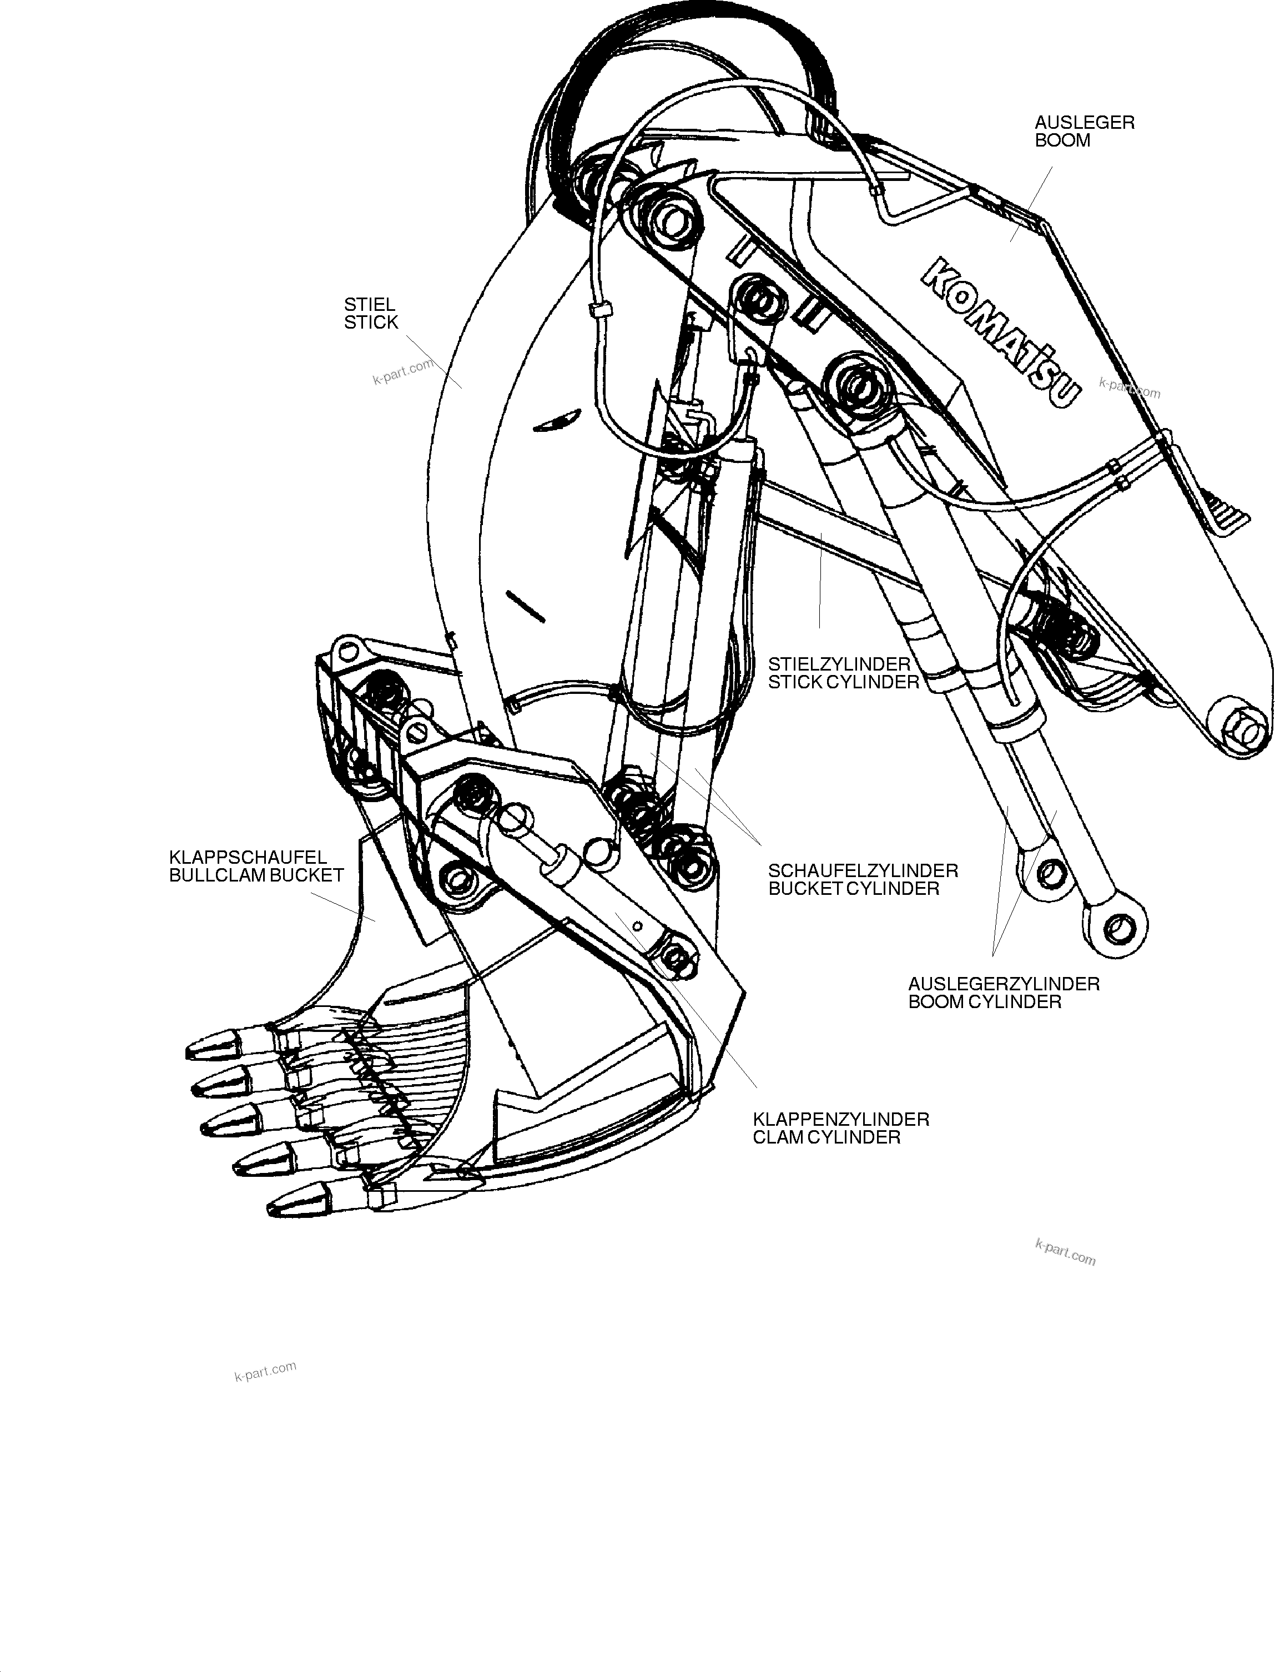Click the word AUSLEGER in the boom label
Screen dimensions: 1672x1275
pyautogui.click(x=1085, y=123)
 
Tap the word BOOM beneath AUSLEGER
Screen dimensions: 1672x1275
pyautogui.click(x=1062, y=141)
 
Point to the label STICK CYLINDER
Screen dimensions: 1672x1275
pyautogui.click(x=843, y=682)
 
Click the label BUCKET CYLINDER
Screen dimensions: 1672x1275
pyautogui.click(x=854, y=889)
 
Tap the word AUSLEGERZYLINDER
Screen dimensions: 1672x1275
pyautogui.click(x=1004, y=984)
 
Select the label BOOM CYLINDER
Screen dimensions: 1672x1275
pyautogui.click(x=984, y=1002)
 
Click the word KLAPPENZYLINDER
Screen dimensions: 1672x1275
pyautogui.click(x=841, y=1120)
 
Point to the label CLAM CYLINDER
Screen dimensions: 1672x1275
pyautogui.click(x=827, y=1137)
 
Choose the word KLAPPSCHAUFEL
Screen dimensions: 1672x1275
pyautogui.click(x=248, y=858)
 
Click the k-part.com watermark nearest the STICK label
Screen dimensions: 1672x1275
pyautogui.click(x=403, y=371)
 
